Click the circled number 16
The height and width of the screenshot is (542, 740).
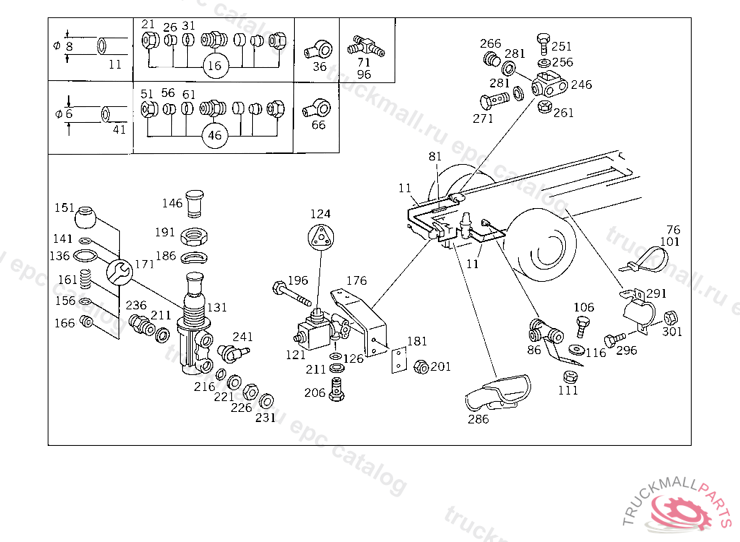(x=215, y=65)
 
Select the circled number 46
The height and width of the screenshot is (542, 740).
(x=215, y=135)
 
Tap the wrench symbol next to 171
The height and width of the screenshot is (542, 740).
(x=119, y=272)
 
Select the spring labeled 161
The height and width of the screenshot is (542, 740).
(x=85, y=278)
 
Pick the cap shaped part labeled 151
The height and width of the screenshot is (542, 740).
(x=85, y=217)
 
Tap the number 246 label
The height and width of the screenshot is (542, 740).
(x=582, y=85)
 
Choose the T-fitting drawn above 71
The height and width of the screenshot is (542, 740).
(x=366, y=46)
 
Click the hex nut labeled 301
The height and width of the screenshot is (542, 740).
(x=671, y=317)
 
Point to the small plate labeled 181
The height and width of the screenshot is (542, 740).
(x=399, y=360)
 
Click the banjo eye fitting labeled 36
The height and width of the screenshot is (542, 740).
(x=318, y=49)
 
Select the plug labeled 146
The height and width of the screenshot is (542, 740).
(x=194, y=204)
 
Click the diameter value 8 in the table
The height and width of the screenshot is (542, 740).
(x=70, y=46)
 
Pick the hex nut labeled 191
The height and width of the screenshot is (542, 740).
(x=194, y=236)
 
